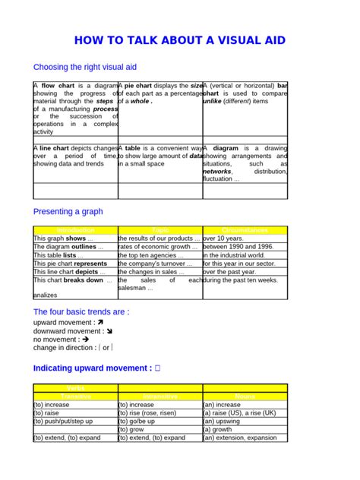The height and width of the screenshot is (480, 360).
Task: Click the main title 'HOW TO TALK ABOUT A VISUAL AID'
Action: (180, 40)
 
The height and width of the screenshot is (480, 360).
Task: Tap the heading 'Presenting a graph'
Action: (68, 211)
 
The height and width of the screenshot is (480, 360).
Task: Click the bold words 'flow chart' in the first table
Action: (56, 86)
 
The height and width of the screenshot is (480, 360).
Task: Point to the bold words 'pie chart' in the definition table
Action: (144, 86)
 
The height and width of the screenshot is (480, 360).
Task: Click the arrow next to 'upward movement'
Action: (101, 322)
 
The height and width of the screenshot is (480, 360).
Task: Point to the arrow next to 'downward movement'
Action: (110, 330)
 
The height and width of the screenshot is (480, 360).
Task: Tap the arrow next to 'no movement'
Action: (85, 339)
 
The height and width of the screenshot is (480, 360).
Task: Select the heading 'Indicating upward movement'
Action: (93, 368)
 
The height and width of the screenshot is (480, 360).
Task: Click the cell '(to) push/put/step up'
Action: (62, 420)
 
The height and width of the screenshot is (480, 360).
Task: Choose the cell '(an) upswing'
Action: (223, 420)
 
